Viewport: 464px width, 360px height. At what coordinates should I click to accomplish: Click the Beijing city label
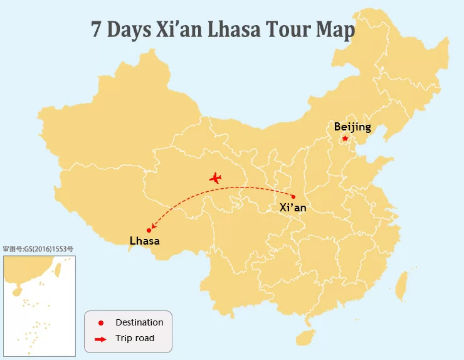coord(352,127)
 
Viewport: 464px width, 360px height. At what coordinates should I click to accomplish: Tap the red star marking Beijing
coord(345,138)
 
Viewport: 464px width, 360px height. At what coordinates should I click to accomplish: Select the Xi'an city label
coord(293,208)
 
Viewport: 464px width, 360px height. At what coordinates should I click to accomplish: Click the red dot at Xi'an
coord(293,197)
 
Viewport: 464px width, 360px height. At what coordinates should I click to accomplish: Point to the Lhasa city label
coord(145,241)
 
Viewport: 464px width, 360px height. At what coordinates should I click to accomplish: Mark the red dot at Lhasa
coord(149,230)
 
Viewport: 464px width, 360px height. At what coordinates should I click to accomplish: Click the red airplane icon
coord(216,178)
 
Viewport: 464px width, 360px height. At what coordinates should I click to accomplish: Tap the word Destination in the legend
coord(139,322)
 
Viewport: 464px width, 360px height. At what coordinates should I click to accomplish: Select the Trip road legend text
coord(135,339)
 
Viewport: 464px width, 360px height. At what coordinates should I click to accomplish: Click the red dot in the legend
coord(100,323)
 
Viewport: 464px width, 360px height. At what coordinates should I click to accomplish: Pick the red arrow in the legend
coord(100,339)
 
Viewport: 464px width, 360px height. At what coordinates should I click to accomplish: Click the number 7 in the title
coord(97,30)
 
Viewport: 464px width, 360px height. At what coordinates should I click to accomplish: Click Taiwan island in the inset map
coord(58,270)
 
